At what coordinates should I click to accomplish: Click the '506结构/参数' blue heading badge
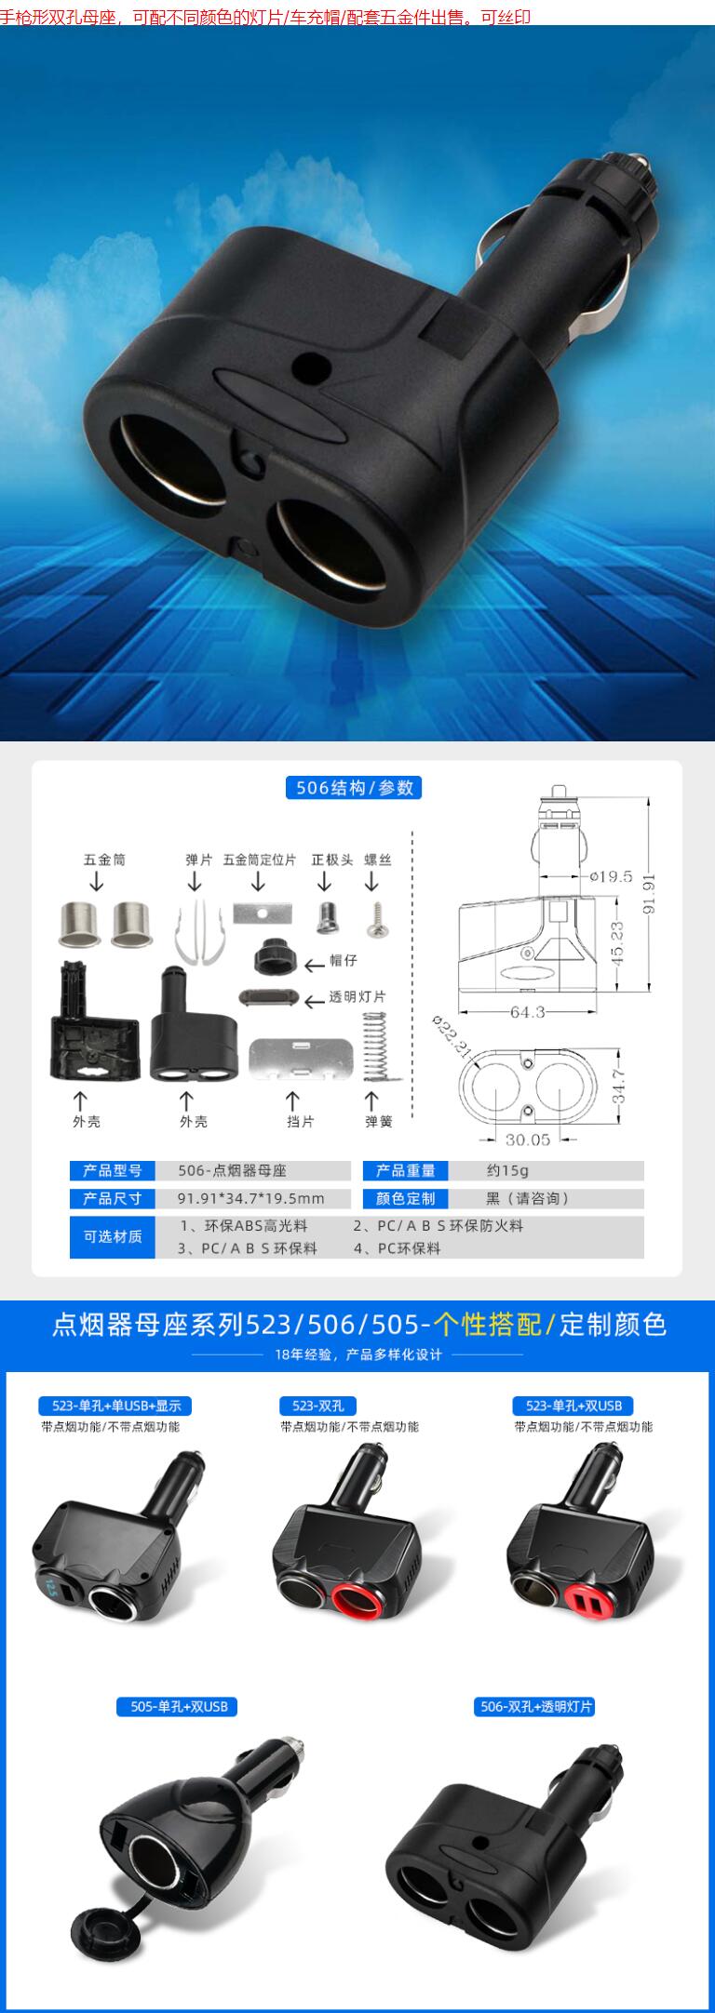pyautogui.click(x=354, y=788)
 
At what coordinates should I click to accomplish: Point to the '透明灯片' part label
pyautogui.click(x=357, y=997)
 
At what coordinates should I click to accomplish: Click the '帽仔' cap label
pyautogui.click(x=344, y=960)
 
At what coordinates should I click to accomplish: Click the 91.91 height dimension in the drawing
pyautogui.click(x=649, y=893)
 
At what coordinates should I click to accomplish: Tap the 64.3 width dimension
pyautogui.click(x=527, y=1011)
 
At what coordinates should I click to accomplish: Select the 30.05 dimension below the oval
pyautogui.click(x=528, y=1140)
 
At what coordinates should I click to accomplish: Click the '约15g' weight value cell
pyautogui.click(x=507, y=1171)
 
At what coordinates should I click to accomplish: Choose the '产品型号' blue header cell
pyautogui.click(x=113, y=1171)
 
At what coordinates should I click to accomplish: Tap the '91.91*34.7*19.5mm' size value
pyautogui.click(x=251, y=1198)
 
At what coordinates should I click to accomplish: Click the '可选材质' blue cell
pyautogui.click(x=113, y=1236)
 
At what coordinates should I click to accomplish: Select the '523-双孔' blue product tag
pyautogui.click(x=318, y=1406)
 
